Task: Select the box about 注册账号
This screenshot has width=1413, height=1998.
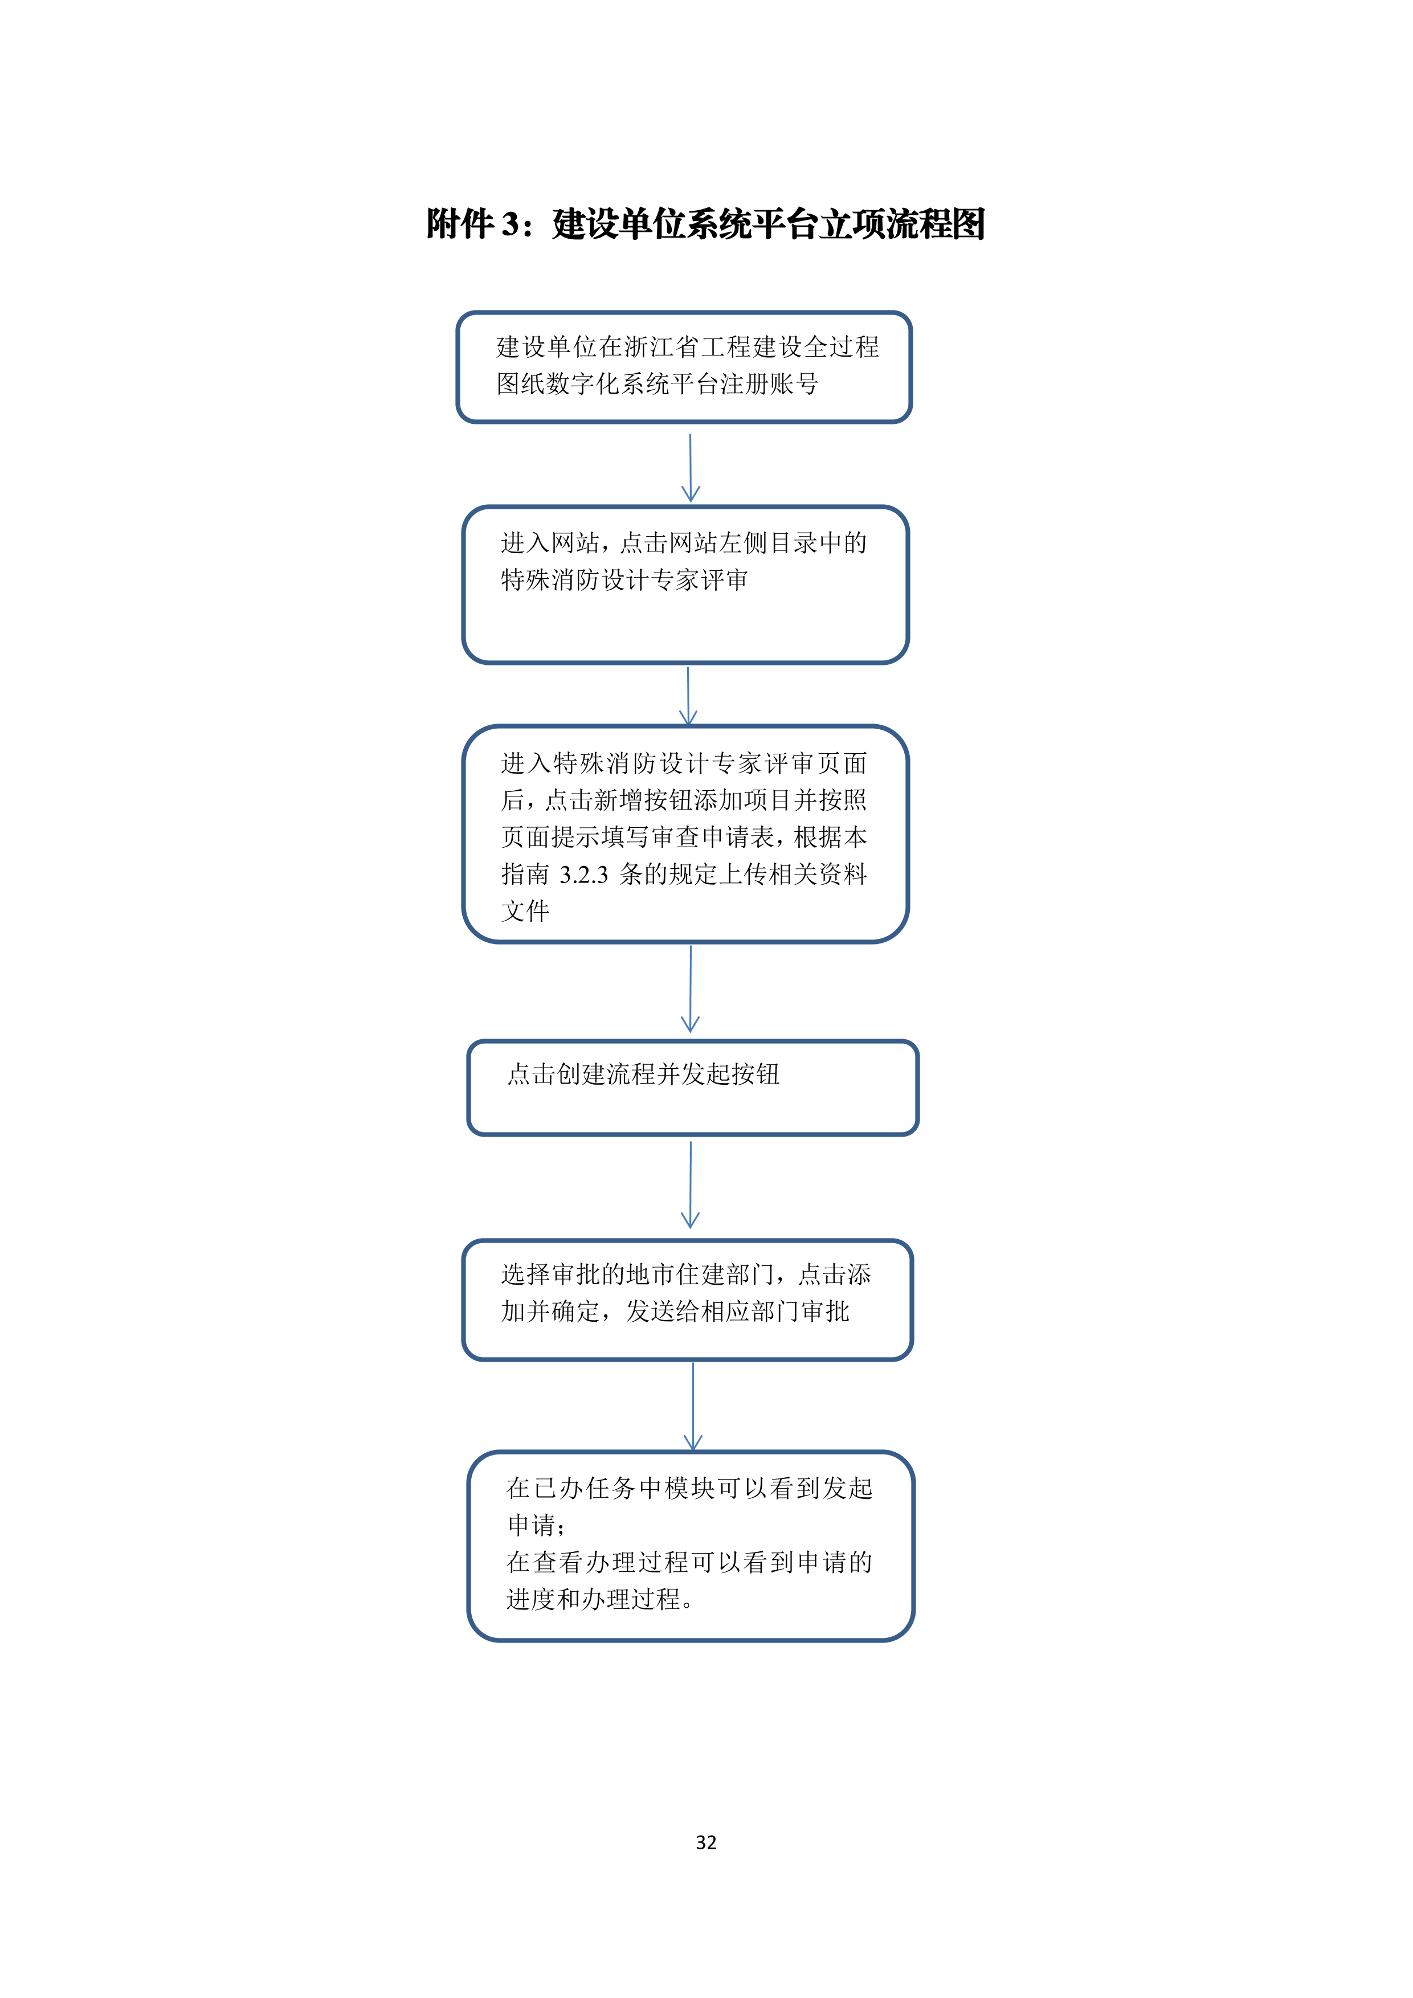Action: [684, 367]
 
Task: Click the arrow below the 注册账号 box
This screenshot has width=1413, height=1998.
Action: [690, 468]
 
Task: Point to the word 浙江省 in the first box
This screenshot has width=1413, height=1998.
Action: [662, 347]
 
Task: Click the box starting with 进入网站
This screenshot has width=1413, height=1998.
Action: [685, 585]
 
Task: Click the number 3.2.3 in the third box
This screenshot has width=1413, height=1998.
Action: [584, 875]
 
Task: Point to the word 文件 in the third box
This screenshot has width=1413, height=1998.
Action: [525, 911]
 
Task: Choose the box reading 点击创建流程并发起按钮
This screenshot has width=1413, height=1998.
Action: [693, 1088]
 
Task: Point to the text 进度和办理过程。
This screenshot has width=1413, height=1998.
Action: [601, 1599]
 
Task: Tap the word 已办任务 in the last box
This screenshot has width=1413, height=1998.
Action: [584, 1489]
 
